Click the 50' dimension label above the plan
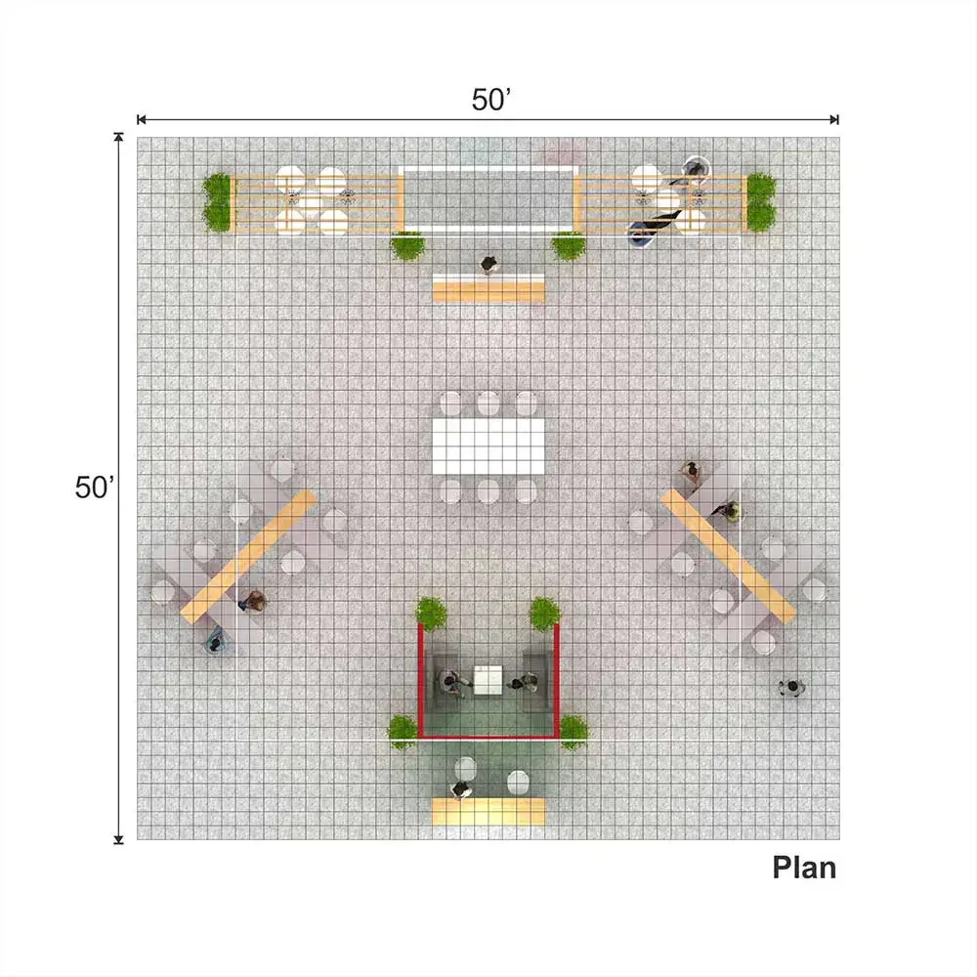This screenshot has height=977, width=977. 491,100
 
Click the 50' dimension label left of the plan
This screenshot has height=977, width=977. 95,488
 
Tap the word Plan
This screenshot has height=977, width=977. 804,868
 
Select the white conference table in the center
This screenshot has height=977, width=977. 488,446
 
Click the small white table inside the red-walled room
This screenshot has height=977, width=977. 488,680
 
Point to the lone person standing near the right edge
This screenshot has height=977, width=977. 791,687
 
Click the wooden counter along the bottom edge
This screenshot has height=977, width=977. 488,812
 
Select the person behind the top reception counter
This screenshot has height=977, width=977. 489,264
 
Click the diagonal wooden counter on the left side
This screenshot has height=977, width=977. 248,557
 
